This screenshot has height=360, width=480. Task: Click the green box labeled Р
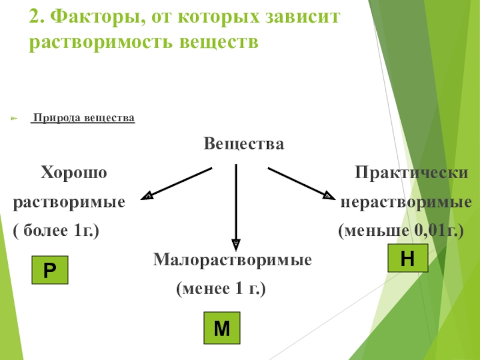[x=50, y=270]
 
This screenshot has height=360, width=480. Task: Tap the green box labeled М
[x=222, y=328]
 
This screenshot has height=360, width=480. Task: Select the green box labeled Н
[x=407, y=259]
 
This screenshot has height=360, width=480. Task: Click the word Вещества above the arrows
[x=243, y=145]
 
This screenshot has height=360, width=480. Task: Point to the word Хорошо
[x=73, y=173]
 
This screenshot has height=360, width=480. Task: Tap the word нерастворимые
[x=406, y=202]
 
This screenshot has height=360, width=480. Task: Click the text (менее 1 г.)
[x=221, y=290]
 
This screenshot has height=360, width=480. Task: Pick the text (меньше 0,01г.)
[x=401, y=230]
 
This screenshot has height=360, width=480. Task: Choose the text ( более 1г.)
[x=56, y=230]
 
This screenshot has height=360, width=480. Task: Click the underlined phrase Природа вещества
[x=83, y=119]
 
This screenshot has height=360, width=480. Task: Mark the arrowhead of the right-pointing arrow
[x=328, y=195]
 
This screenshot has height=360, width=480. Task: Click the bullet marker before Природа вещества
[x=16, y=119]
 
